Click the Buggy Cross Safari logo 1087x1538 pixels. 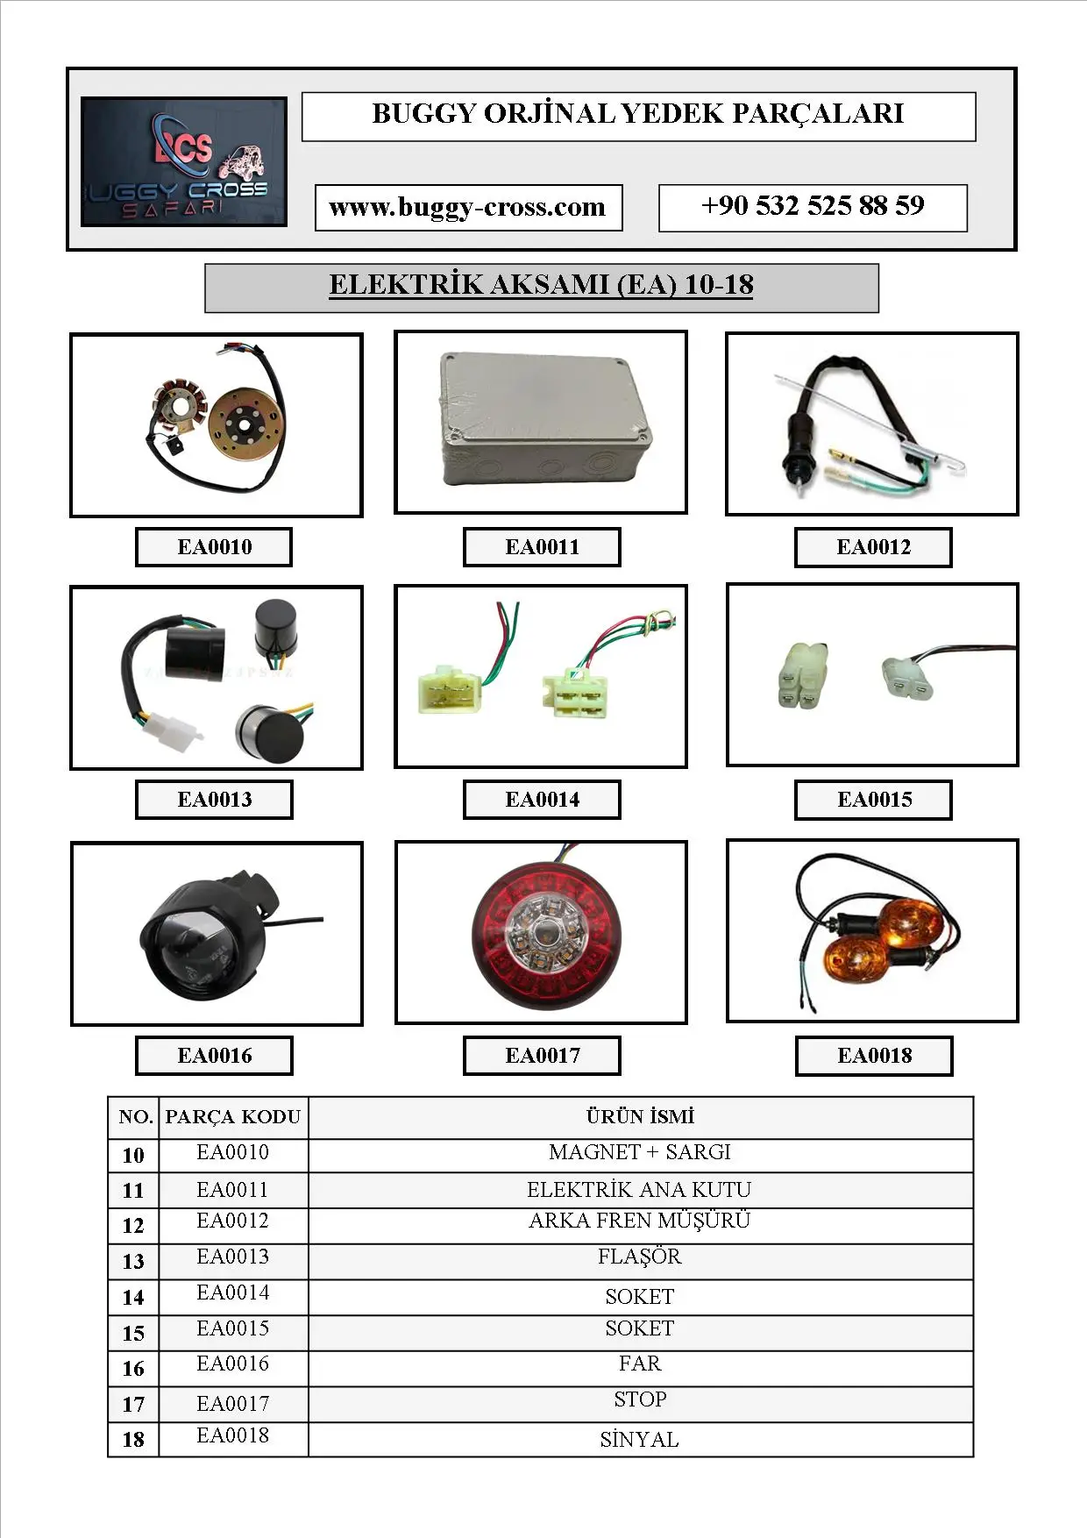[x=184, y=162]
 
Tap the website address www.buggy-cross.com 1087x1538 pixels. [x=468, y=208]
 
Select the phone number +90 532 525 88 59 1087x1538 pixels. [x=813, y=206]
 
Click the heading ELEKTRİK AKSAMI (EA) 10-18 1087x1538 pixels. [x=541, y=285]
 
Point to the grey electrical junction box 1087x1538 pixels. [x=543, y=419]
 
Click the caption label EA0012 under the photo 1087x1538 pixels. [x=873, y=547]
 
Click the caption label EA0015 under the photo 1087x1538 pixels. [x=874, y=800]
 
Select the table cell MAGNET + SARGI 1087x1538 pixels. [x=640, y=1152]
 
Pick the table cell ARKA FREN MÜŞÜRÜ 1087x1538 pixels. [x=640, y=1221]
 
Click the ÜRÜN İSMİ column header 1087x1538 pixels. [x=640, y=1116]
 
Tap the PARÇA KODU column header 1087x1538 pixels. [x=233, y=1116]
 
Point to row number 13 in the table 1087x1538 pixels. [x=133, y=1262]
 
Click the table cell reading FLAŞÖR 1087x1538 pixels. [x=640, y=1257]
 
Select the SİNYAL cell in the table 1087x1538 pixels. [x=640, y=1440]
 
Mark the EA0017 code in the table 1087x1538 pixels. [x=233, y=1404]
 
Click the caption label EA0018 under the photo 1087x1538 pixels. [x=874, y=1056]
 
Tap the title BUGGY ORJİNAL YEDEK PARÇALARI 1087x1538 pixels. [x=638, y=114]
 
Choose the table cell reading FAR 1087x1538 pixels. [x=640, y=1364]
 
